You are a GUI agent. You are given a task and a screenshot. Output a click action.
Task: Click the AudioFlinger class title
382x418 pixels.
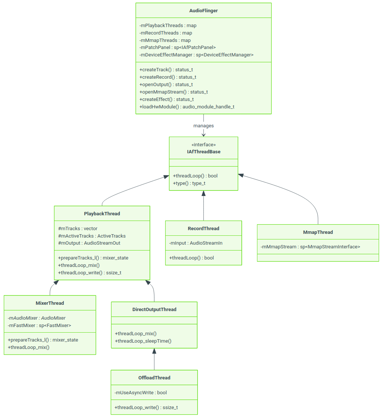203,11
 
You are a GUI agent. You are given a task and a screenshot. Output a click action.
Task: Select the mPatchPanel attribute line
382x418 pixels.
177,48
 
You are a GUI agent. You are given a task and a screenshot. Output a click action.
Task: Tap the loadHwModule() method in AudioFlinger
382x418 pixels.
187,107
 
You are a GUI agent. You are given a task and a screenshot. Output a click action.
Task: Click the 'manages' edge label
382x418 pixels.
203,126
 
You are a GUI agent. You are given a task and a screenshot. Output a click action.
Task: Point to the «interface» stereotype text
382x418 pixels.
203,145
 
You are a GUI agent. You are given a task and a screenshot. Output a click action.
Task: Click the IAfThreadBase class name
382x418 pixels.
203,152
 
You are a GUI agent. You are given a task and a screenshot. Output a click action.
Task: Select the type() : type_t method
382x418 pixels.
189,183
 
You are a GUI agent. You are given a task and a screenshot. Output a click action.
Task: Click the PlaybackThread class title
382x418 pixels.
102,214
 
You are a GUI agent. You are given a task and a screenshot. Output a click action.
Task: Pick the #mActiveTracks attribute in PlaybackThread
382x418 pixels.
92,236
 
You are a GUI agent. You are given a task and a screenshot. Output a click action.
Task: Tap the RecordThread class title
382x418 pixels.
203,229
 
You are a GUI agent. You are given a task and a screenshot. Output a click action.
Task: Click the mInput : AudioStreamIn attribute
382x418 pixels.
196,243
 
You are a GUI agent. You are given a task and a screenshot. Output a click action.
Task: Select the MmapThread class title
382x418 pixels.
318,232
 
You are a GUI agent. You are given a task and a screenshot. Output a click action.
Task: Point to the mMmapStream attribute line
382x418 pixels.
311,247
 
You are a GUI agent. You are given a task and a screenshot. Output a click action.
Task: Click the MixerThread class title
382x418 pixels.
50,303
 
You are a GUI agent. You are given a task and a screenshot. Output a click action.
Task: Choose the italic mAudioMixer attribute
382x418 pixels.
36,318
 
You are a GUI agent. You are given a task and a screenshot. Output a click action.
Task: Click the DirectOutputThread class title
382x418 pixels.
154,310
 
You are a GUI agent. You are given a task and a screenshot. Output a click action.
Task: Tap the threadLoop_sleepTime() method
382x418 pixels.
143,341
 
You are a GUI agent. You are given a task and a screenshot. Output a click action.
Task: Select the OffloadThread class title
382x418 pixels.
154,378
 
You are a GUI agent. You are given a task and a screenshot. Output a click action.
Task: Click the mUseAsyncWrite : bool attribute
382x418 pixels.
141,393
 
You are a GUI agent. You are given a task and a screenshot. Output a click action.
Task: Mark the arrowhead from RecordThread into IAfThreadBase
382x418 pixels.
203,193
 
